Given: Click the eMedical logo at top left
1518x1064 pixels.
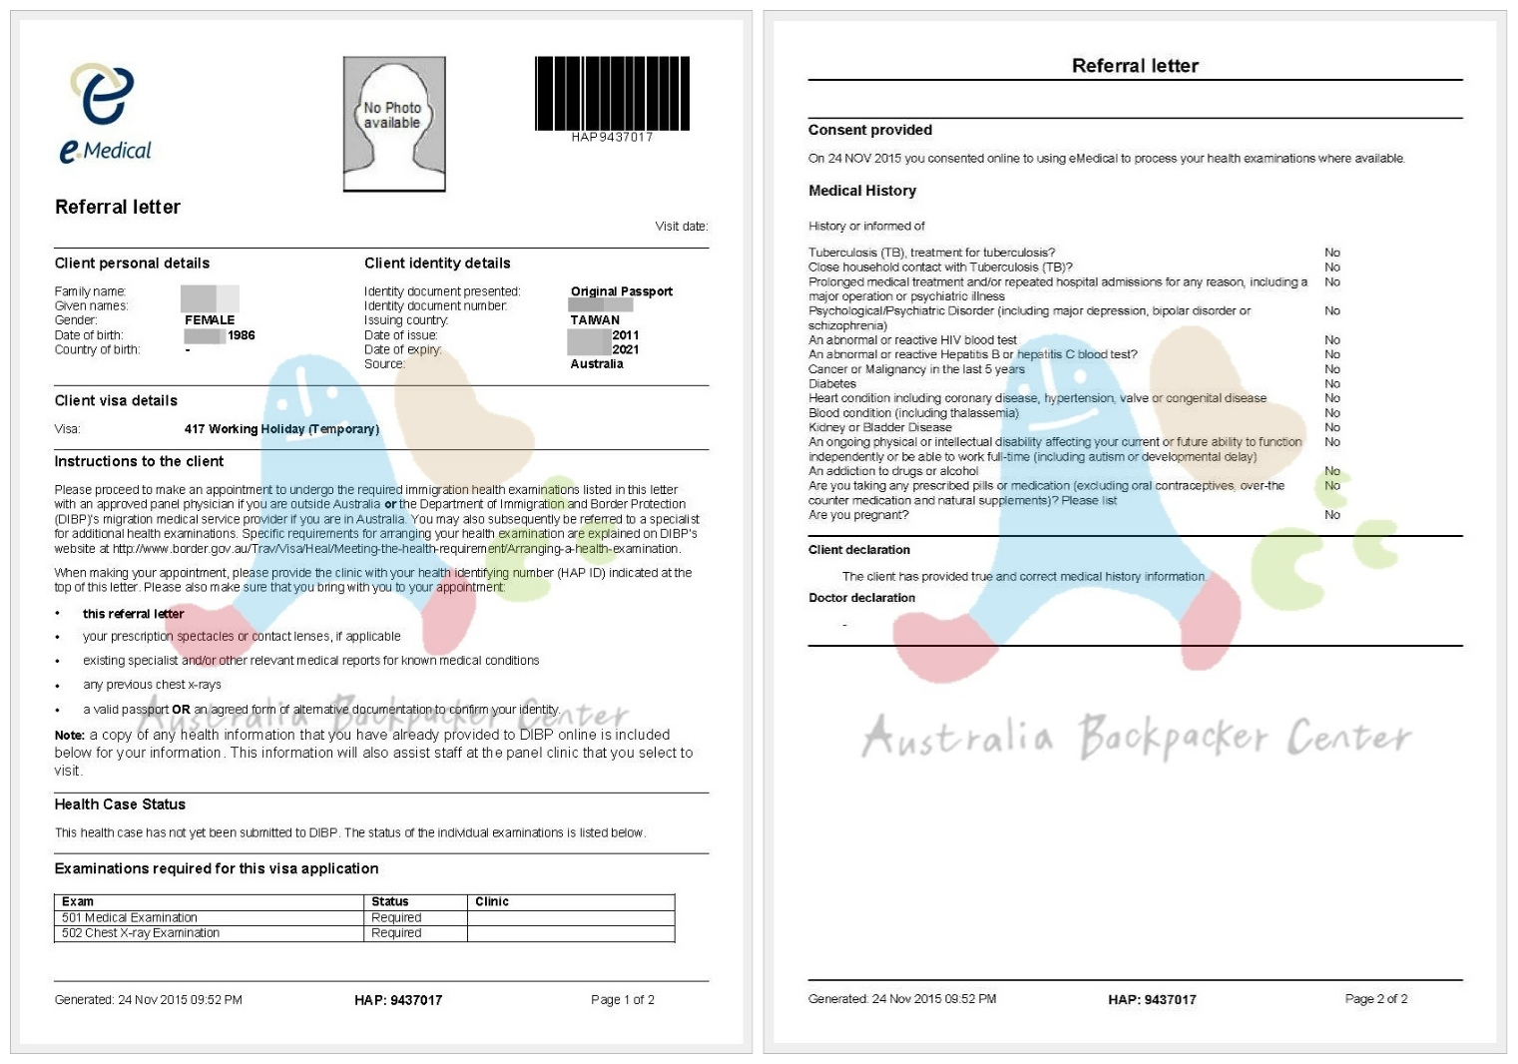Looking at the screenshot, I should (105, 113).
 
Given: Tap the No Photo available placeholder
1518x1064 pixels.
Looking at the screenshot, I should (393, 124).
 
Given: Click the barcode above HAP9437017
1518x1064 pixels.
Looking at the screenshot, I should (612, 93).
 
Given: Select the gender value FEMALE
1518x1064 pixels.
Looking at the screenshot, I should (210, 320).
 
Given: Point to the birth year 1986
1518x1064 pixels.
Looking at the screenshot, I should (242, 335).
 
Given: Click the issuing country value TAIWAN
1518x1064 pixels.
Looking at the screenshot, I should (595, 320).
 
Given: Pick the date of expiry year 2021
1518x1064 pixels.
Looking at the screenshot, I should (626, 349).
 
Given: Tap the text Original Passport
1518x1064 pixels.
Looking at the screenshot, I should (621, 291).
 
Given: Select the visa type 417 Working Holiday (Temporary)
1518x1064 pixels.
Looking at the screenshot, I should (281, 429).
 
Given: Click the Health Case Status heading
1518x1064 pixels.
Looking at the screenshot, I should (120, 804).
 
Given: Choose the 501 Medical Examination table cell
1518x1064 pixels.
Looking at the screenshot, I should (130, 917).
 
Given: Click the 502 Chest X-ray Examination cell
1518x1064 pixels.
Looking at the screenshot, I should (141, 933).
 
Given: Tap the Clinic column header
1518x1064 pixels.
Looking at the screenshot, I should (492, 901).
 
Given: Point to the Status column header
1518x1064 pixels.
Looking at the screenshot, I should (390, 901).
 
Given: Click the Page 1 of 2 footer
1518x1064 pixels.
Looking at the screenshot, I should (622, 999).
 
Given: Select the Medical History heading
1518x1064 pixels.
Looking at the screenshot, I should (862, 191).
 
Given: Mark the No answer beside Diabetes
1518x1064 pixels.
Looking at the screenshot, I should (1332, 383).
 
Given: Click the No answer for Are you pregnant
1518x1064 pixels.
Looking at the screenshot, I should (1332, 515).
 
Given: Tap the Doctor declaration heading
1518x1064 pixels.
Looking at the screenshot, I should (861, 598).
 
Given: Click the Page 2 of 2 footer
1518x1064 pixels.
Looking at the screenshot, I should (1375, 998).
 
